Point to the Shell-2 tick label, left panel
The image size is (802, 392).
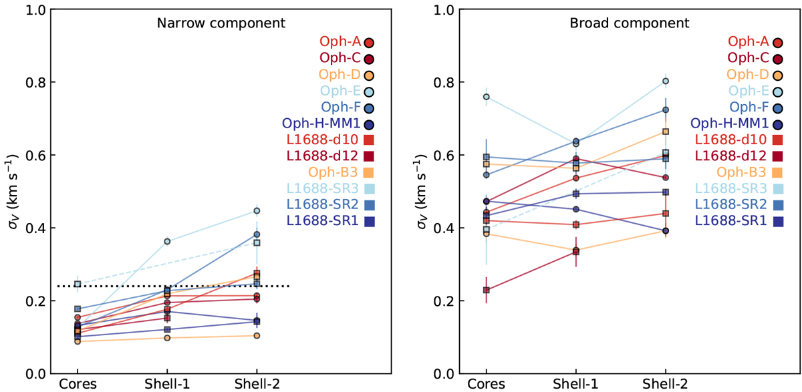257,384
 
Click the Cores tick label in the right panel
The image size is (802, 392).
486,384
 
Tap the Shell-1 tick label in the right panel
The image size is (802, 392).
575,384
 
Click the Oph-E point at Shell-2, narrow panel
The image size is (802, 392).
257,211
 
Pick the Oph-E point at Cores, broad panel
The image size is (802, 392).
487,97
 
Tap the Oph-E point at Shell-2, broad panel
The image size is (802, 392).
666,81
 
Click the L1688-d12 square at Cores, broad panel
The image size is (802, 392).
487,290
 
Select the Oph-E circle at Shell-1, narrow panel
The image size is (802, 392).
167,241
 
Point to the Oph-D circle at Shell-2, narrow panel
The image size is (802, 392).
257,335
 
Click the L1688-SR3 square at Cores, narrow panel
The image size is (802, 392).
78,284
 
